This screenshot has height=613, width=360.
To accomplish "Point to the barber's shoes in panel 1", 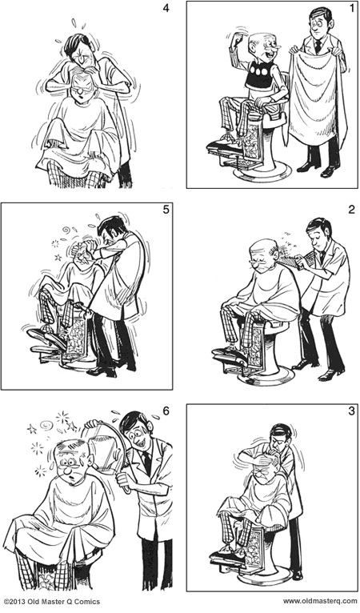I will point(318,170).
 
